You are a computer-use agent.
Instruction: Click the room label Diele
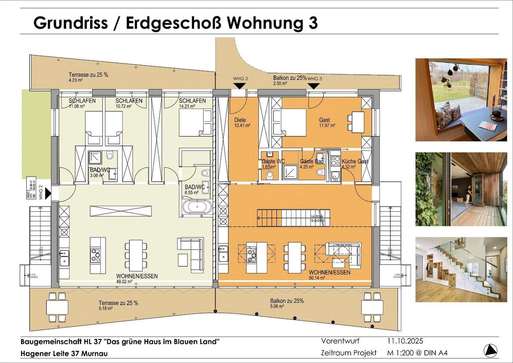[240, 120]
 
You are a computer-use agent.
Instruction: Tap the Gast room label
[324, 120]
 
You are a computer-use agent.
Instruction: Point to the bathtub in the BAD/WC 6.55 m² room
[197, 207]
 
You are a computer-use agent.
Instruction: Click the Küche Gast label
[355, 161]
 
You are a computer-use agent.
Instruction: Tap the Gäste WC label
[273, 161]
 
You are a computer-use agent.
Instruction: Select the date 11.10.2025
[405, 341]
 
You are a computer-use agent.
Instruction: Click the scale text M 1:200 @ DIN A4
[417, 353]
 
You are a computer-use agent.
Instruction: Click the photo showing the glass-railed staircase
[461, 269]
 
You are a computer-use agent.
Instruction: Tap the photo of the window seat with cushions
[461, 100]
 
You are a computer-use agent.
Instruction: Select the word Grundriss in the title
[71, 23]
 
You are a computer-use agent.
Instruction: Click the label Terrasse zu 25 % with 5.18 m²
[118, 303]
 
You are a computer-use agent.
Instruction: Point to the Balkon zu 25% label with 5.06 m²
[287, 301]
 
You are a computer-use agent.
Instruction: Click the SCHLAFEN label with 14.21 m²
[192, 101]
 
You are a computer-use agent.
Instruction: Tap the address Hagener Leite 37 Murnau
[64, 353]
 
